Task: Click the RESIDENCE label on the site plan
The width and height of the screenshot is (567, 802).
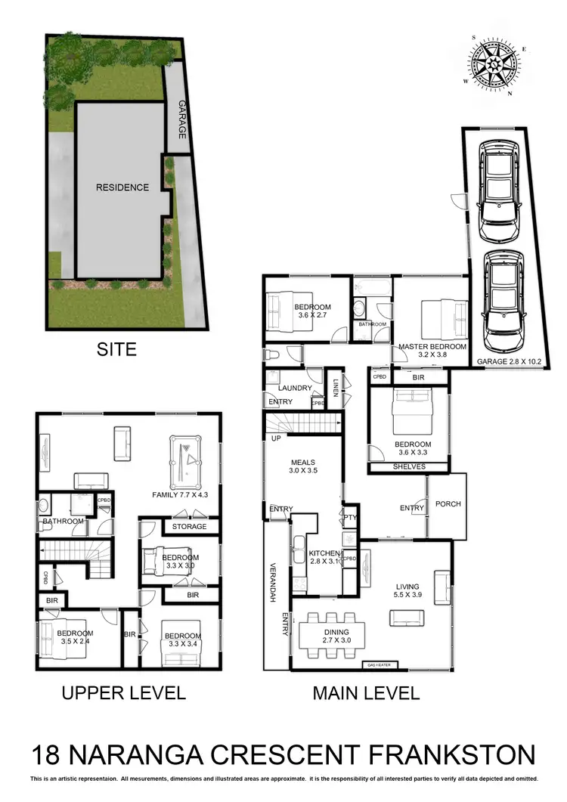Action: point(122,187)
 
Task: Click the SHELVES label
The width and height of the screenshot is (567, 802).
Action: point(409,467)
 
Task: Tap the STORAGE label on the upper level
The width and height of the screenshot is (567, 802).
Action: point(189,526)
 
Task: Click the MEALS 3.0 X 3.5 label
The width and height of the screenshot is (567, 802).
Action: point(302,467)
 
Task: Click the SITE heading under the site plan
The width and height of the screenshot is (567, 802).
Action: point(116,349)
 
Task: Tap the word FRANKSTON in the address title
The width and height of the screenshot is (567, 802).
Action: point(444,755)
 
